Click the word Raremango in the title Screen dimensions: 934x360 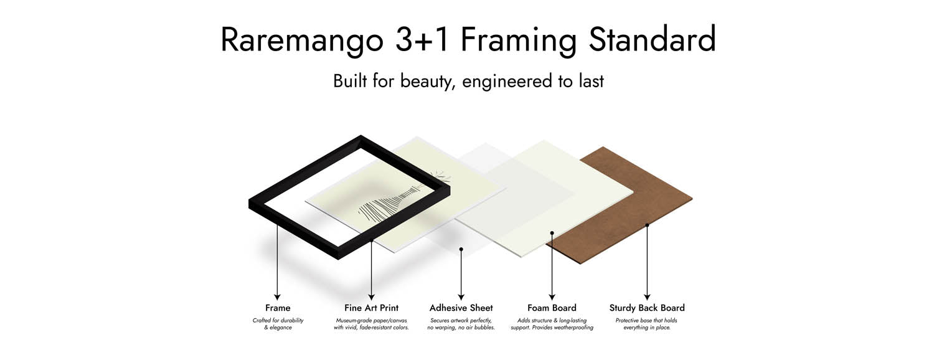coord(302,41)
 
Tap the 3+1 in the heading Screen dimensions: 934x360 coord(423,39)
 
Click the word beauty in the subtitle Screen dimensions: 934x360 coord(426,82)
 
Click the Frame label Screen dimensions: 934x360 coord(278,308)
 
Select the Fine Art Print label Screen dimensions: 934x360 coord(372,308)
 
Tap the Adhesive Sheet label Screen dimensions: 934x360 coord(461,308)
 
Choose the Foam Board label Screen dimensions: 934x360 coord(552,308)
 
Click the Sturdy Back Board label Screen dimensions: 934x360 coord(647,308)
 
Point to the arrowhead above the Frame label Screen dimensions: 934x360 coord(277,297)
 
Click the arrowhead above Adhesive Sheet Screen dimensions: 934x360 coord(461,297)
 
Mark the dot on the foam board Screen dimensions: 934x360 coord(552,233)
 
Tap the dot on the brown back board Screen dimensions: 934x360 coord(647,225)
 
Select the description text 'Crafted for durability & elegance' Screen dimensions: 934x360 coord(278,324)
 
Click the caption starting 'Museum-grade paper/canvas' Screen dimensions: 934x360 coord(371,324)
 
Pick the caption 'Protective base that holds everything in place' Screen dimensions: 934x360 coord(647,324)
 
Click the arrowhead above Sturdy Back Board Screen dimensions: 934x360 coord(647,297)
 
